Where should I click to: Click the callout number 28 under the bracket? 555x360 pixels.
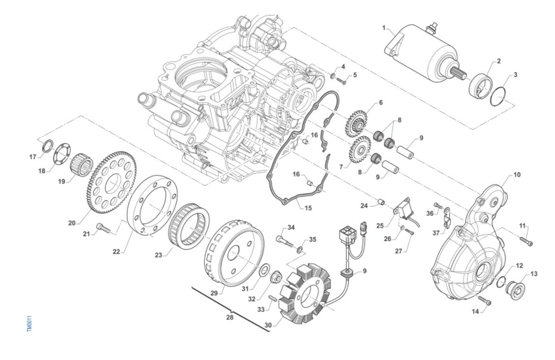pyautogui.click(x=230, y=317)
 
